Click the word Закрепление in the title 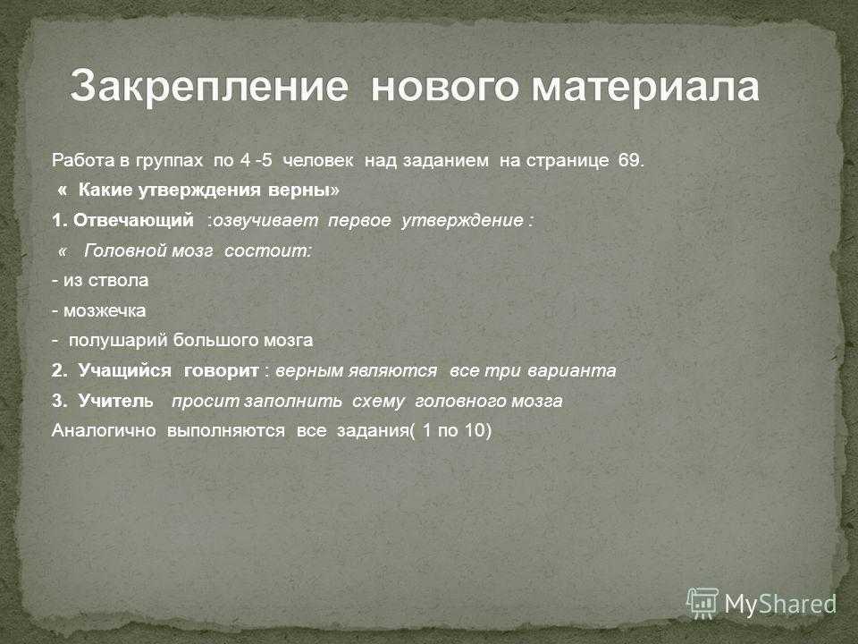coord(209,87)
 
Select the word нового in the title coord(444,87)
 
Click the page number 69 coord(632,160)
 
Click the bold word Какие coord(105,190)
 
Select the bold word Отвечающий coord(133,220)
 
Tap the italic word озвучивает coord(265,220)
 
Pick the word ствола coord(118,280)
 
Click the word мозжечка coord(105,310)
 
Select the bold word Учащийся coord(125,370)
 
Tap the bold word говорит coord(221,371)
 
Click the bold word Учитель coord(116,401)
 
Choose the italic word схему coord(378,402)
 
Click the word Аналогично coord(104,430)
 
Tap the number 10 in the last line coord(475,430)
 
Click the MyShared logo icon coord(702,604)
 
